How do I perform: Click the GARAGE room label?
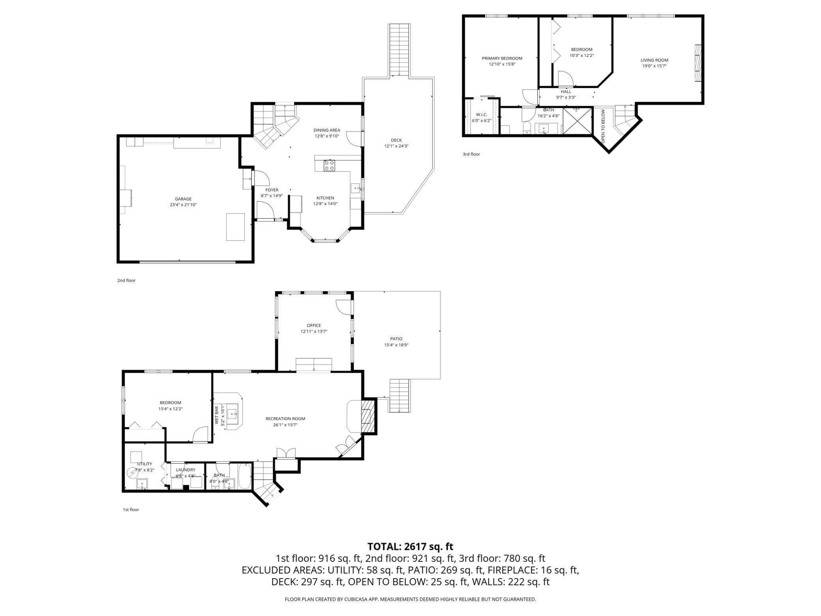point(183,199)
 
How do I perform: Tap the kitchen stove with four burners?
point(329,165)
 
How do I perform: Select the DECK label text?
point(396,140)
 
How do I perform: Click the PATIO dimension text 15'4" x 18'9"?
point(396,345)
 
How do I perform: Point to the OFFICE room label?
point(314,325)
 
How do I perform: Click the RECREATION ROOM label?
point(285,419)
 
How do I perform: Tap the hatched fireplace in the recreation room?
point(367,416)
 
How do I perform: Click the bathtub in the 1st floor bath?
point(245,476)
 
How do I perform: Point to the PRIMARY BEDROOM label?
point(502,58)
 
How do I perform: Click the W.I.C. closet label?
point(482,115)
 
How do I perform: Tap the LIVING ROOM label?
point(654,60)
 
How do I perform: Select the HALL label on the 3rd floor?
point(566,92)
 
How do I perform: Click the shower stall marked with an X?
point(578,121)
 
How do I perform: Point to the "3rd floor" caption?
point(471,154)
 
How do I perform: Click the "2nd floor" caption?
point(126,281)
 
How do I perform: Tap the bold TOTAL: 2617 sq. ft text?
point(410,547)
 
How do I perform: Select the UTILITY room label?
point(144,464)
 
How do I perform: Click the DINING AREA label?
point(327,130)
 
